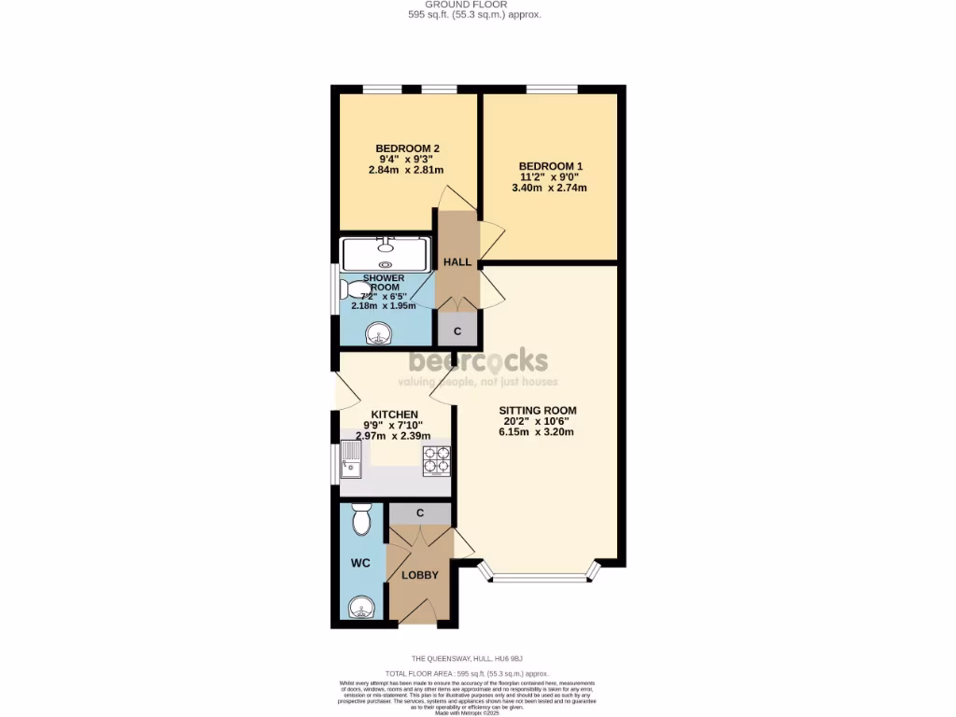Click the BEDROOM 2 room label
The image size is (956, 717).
(x=407, y=148)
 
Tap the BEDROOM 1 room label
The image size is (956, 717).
(x=549, y=166)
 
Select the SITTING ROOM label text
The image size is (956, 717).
(x=537, y=410)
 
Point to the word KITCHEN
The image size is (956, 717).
(x=394, y=415)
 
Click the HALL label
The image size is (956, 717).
(x=457, y=261)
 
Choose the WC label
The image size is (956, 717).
(x=361, y=564)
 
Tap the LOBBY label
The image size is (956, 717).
(x=419, y=575)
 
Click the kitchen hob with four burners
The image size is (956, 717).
(x=437, y=461)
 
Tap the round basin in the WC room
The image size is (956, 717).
(x=360, y=609)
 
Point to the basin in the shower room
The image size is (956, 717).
(x=378, y=332)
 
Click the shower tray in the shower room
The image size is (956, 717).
(x=386, y=253)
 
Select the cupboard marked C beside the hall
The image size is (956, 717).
(x=457, y=330)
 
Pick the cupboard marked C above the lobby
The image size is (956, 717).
(x=419, y=513)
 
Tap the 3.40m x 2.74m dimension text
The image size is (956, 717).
(x=549, y=188)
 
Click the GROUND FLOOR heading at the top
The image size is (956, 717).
(x=474, y=5)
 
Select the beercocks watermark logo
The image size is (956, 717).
(x=478, y=360)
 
